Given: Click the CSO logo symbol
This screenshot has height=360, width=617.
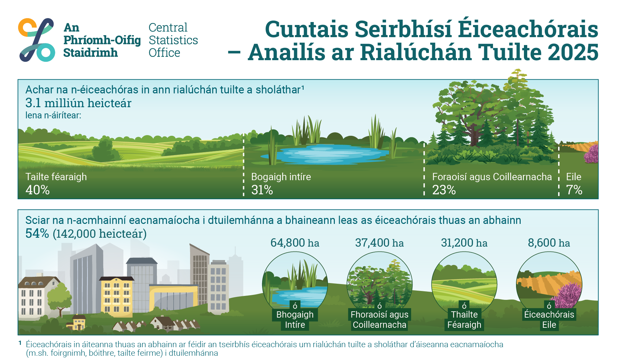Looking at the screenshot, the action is (37, 39).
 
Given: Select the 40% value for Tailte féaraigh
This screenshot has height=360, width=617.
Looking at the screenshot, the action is (37, 190).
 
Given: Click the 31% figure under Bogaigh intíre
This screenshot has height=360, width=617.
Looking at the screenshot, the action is (262, 190).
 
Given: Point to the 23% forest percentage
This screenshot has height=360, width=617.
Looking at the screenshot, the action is (444, 190).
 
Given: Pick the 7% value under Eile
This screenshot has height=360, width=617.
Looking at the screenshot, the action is (574, 190).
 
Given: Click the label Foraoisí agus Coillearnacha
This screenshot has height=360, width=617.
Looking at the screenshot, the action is (492, 177).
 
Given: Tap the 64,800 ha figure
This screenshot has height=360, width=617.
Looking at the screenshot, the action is (295, 243).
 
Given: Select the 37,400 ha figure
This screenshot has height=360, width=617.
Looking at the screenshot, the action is (379, 243).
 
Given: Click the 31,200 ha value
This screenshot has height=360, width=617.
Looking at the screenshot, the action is (464, 243).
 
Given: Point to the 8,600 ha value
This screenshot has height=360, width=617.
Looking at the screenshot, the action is (549, 243).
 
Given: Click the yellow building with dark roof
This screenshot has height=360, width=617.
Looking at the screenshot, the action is (117, 296).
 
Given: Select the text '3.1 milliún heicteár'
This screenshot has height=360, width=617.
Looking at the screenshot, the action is (78, 103).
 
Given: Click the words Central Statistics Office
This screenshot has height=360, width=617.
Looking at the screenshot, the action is (173, 40).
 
